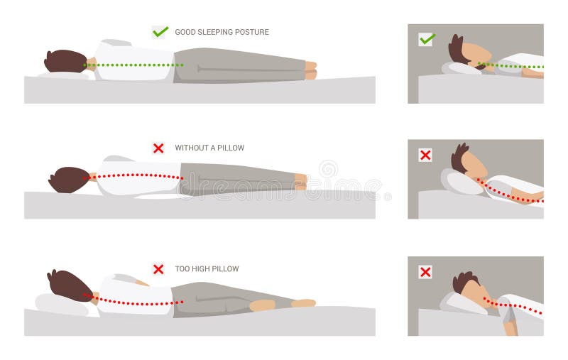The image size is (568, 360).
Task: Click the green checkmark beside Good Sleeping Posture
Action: (160, 32)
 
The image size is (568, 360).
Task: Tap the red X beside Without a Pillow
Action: (158, 148)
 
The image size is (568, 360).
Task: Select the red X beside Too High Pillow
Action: (158, 269)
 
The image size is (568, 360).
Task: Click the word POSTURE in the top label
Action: (252, 32)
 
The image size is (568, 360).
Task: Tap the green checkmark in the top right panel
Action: (427, 39)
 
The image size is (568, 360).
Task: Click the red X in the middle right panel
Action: (425, 156)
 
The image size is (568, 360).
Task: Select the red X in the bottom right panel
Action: (425, 272)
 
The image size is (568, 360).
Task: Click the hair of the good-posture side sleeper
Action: (65, 61)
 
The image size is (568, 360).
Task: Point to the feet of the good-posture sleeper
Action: (311, 70)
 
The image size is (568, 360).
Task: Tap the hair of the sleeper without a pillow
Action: (68, 180)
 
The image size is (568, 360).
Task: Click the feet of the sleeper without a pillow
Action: (300, 182)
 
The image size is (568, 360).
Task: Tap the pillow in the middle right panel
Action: (462, 182)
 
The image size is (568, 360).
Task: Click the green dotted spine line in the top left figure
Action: (133, 65)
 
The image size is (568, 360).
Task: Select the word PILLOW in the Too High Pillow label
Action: (225, 268)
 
